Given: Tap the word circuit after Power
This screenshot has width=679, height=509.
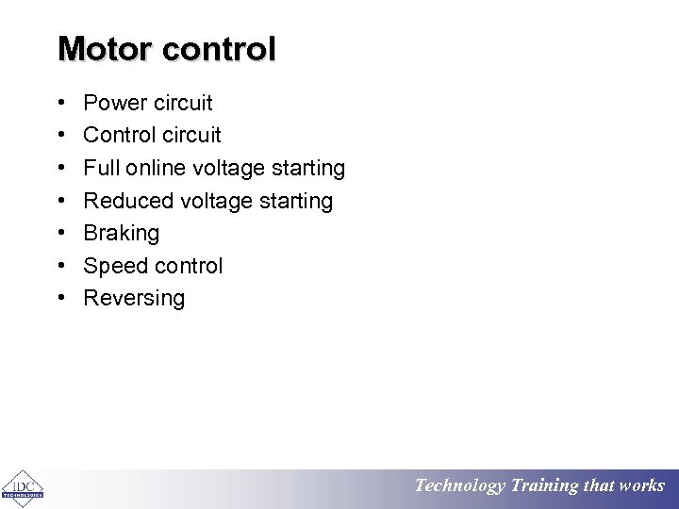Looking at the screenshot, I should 183,103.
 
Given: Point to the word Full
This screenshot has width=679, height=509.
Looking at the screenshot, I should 99,168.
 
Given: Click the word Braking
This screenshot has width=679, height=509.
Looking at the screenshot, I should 122,234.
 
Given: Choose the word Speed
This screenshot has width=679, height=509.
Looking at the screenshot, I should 113,267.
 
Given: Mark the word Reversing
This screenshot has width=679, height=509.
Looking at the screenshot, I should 134,299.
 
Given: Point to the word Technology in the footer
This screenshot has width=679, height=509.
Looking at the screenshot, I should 460,486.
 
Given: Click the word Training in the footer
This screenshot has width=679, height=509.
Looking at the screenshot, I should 544,486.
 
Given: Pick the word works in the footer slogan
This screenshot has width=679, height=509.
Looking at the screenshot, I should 641,486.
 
